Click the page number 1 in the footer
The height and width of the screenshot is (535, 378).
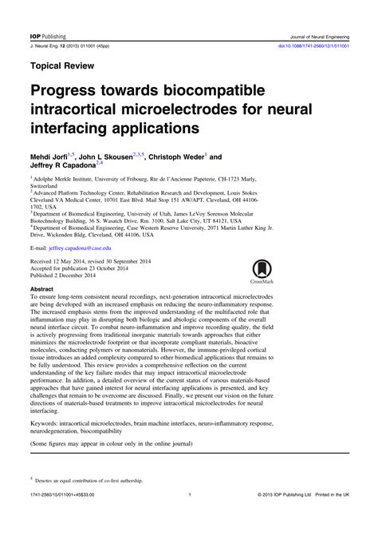pos(189,517)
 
